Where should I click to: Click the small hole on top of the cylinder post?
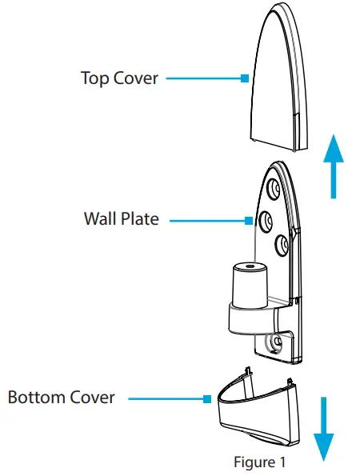pos(249,264)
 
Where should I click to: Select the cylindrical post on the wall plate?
pos(249,284)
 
